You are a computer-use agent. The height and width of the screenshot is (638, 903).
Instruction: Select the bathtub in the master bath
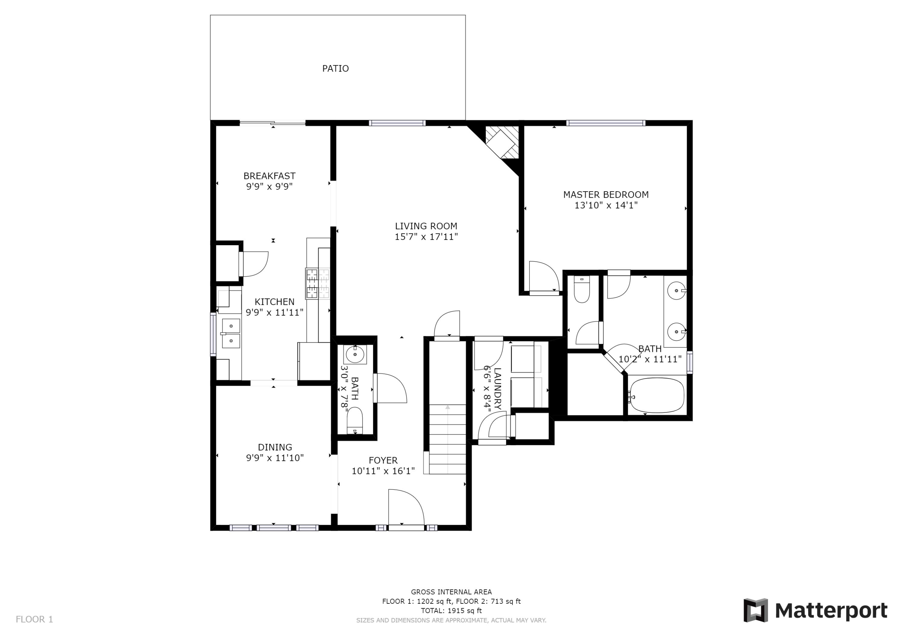pos(656,396)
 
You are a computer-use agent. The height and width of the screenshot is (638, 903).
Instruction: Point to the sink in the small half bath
pos(355,354)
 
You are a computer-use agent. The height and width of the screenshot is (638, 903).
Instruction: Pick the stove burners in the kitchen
pos(317,283)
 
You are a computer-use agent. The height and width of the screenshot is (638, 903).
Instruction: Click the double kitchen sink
pos(231,333)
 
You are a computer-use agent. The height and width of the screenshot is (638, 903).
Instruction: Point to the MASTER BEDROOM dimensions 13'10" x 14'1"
pos(606,205)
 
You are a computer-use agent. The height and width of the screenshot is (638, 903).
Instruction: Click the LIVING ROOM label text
pos(426,226)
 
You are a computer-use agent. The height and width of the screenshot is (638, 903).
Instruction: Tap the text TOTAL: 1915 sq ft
pos(451,611)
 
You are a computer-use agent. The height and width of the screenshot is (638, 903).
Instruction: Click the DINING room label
pos(275,447)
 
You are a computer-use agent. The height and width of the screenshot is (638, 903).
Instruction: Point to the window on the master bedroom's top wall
pos(605,123)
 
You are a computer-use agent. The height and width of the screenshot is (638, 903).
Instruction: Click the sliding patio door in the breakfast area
pos(272,123)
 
